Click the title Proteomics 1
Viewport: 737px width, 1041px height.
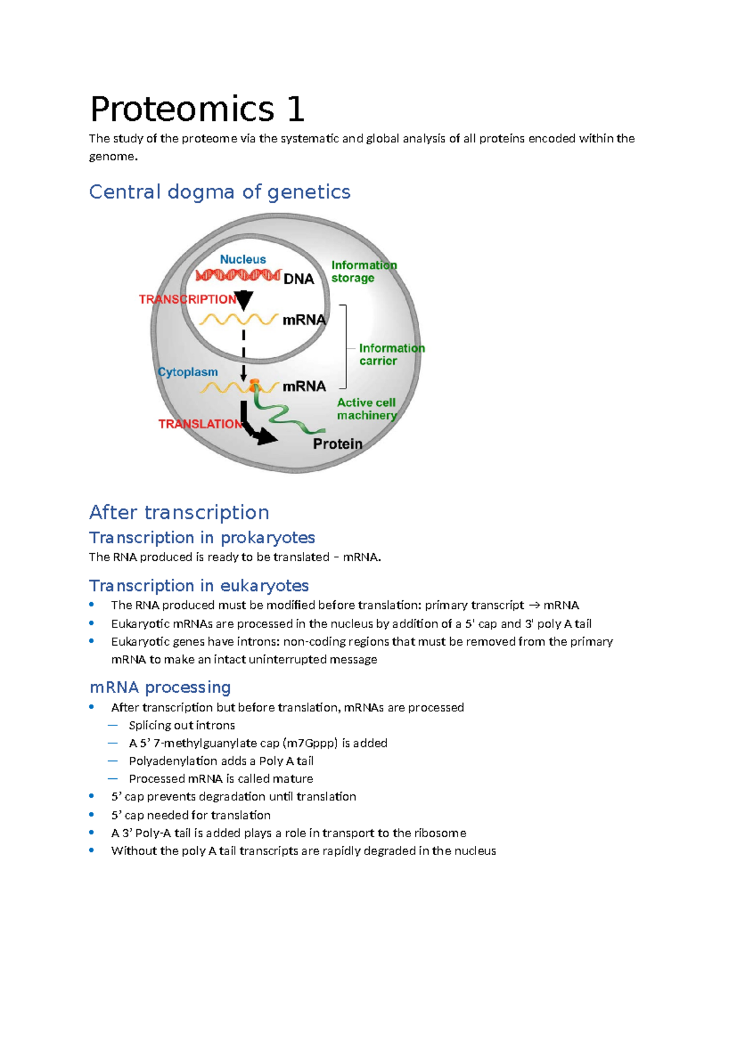(x=197, y=110)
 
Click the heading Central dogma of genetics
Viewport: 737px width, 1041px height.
(x=219, y=192)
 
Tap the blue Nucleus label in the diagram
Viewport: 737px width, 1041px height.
(x=243, y=260)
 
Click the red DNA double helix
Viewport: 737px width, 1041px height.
(x=238, y=275)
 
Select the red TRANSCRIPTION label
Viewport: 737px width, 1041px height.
(x=187, y=300)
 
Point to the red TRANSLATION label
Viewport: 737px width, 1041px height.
(x=200, y=424)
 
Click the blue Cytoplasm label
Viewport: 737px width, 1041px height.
(x=188, y=372)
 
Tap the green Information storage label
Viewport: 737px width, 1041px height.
(x=363, y=271)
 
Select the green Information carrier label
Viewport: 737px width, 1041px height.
(x=391, y=355)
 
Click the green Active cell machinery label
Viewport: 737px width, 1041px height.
(x=367, y=409)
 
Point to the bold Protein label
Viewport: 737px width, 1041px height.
(x=337, y=444)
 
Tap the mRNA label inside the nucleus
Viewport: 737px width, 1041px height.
(x=303, y=320)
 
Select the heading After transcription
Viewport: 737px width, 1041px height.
(x=179, y=513)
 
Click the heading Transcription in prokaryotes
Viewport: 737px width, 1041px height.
(x=201, y=538)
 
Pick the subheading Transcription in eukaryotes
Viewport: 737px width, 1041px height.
(x=198, y=586)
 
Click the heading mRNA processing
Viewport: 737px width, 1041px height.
(x=160, y=687)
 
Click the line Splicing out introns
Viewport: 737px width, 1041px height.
(x=182, y=726)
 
